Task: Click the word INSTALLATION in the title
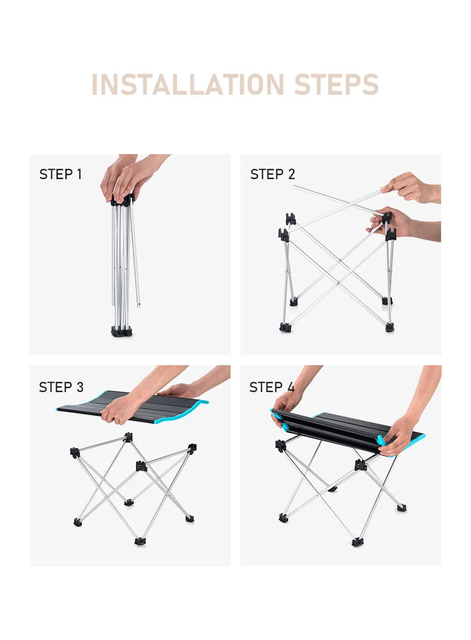coord(187,84)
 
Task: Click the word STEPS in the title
coord(337,84)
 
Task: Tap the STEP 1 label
coord(60,174)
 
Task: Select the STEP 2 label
coord(272,174)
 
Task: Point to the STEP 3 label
coord(61,387)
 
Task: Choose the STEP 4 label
coord(272,387)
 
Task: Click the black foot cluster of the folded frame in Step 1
coord(122,331)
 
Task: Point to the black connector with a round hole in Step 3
coord(141,466)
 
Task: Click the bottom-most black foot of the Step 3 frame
coord(140,541)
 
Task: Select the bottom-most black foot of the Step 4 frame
coord(356,542)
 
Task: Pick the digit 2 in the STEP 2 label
coord(291,174)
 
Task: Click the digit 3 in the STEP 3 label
coord(80,387)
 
